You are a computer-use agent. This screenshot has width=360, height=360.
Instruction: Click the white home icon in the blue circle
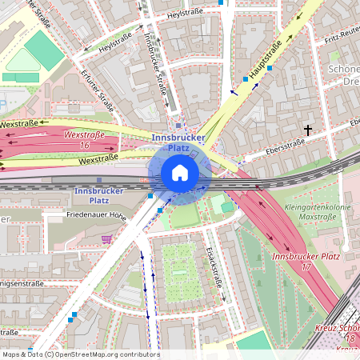coord(180,173)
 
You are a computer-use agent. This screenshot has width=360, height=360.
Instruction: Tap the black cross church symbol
coord(307,129)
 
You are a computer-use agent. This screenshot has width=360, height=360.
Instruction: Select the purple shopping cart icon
coord(106,238)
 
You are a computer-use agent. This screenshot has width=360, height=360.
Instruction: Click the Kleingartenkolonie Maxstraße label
coord(307,211)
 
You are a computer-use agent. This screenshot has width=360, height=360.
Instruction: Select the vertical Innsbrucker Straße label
coord(153,63)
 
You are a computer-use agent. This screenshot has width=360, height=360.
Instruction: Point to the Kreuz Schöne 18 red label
coord(339,334)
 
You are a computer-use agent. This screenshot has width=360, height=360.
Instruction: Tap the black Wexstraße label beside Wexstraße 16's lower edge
coord(98,159)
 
